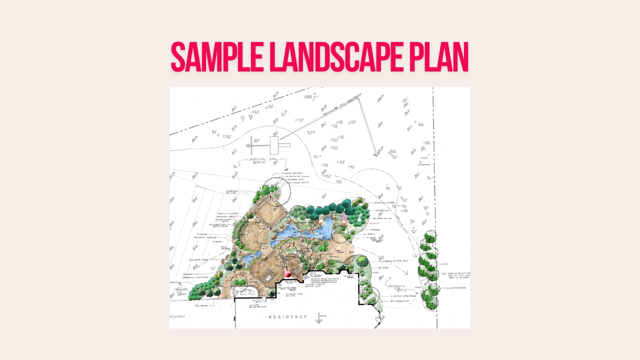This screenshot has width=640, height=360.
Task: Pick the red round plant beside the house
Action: pos(288,273)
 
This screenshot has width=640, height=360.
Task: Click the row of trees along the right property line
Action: pos(428,268)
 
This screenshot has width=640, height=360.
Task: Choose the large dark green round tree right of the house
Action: pos(362,261)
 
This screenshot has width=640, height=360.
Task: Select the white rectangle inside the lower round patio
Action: pos(268,277)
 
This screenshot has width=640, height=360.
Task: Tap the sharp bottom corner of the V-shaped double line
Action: pos(376,153)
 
